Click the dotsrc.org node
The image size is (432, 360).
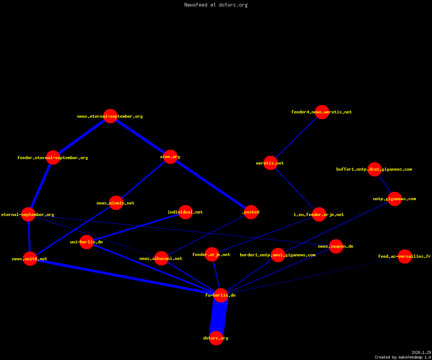[x=216, y=338]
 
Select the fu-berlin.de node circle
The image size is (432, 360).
[x=221, y=295]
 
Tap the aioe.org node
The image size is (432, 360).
[x=170, y=157]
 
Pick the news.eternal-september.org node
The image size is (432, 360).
[x=110, y=116]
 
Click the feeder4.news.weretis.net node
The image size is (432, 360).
[x=322, y=112]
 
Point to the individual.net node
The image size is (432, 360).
[x=186, y=212]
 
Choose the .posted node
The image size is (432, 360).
[x=251, y=212]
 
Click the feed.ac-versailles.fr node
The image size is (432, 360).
[x=405, y=256]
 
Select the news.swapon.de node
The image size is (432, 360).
[x=336, y=246]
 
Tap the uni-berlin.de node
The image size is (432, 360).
[x=86, y=242]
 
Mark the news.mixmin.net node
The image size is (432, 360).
[x=116, y=203]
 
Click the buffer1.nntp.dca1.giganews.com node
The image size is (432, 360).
[x=374, y=169]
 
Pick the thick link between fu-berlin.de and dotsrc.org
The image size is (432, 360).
[x=219, y=316]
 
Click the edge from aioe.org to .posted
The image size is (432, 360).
[x=211, y=184]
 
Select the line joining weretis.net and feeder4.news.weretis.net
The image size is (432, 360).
[x=296, y=138]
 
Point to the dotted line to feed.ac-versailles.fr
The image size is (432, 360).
[x=312, y=276]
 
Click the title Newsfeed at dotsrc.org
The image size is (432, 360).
[x=216, y=5]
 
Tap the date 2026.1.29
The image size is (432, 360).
[x=421, y=352]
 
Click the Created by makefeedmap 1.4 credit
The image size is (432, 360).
[x=403, y=357]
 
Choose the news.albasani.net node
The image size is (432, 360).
[x=161, y=258]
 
